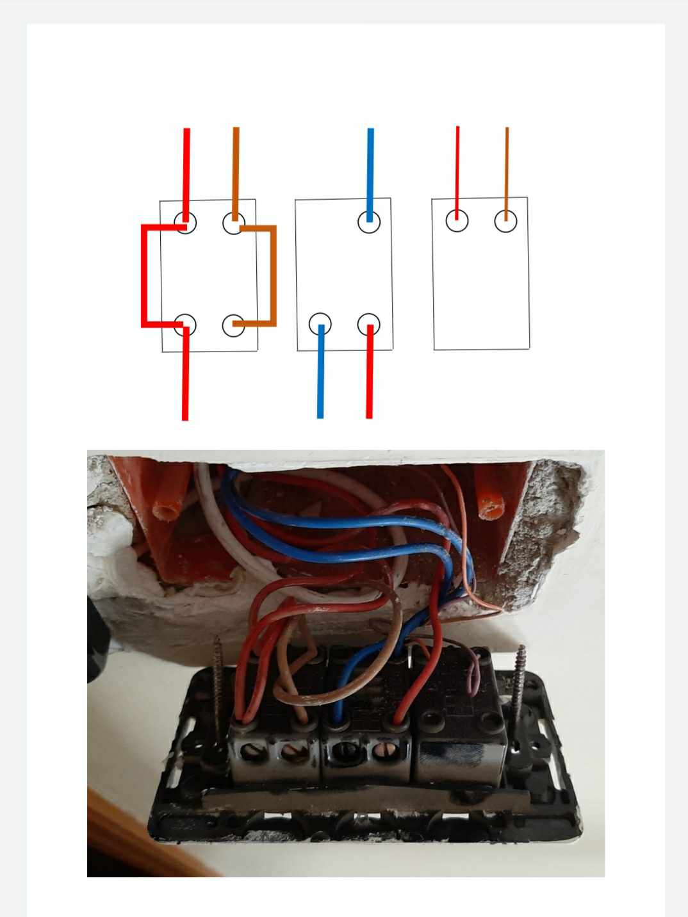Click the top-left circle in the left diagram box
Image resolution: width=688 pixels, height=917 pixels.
tap(185, 223)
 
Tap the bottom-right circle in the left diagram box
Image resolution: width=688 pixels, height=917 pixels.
tap(234, 325)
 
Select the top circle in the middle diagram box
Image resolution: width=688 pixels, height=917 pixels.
tap(369, 222)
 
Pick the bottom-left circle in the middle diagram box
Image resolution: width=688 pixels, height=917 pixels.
tap(320, 324)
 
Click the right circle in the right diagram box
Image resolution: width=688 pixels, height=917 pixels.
tap(506, 221)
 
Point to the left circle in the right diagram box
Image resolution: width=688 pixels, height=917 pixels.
tap(457, 221)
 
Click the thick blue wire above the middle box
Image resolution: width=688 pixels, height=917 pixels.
tap(370, 166)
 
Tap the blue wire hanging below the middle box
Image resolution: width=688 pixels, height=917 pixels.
tap(320, 378)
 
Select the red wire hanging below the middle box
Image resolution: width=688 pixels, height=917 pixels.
tap(369, 378)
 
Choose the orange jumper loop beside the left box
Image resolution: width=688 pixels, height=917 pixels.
tap(274, 275)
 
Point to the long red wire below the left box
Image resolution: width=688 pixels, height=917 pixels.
tap(185, 378)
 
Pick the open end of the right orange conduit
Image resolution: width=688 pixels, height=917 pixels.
tap(491, 510)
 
